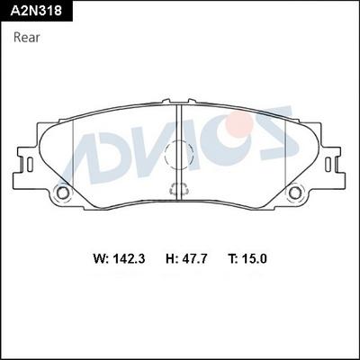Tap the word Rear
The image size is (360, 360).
pos(27,38)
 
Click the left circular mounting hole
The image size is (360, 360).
pos(63,192)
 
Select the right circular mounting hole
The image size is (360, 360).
pos(294,192)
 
